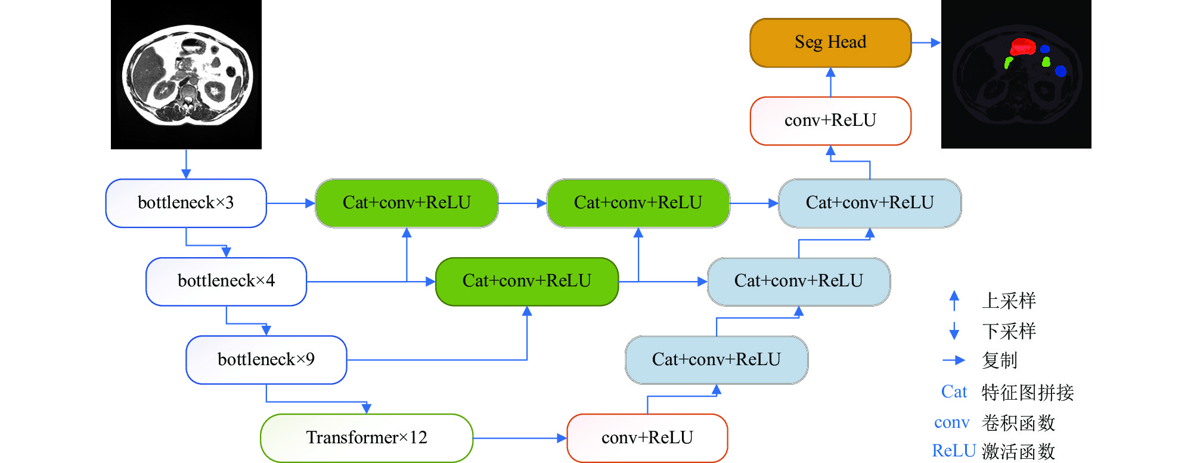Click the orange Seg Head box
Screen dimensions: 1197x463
[x=830, y=42]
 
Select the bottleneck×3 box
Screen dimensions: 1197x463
[x=186, y=203]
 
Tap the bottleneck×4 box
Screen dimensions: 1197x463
[x=226, y=281]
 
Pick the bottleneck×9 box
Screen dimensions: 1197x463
[x=266, y=359]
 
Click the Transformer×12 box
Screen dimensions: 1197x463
[x=367, y=437]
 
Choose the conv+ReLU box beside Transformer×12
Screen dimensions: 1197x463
[x=647, y=437]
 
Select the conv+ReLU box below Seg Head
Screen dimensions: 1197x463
[x=830, y=121]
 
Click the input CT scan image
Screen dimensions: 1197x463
[x=186, y=75]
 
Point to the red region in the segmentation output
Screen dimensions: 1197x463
[x=1023, y=47]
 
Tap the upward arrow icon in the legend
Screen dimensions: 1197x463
[x=954, y=300]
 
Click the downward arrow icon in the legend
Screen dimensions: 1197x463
[x=954, y=331]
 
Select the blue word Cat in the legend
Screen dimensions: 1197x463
[x=954, y=391]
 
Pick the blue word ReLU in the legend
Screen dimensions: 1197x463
[x=954, y=450]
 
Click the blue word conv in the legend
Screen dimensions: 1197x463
[x=952, y=422]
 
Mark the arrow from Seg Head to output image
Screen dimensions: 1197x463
[x=926, y=42]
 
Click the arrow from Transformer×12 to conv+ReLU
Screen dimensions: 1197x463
[x=520, y=438]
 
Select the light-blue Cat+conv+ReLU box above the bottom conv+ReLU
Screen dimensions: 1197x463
[x=717, y=359]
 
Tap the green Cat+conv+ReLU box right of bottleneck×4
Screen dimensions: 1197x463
[x=527, y=281]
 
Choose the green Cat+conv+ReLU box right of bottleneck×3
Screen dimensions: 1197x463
[x=407, y=203]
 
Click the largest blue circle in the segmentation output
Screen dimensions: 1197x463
[x=1060, y=71]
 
